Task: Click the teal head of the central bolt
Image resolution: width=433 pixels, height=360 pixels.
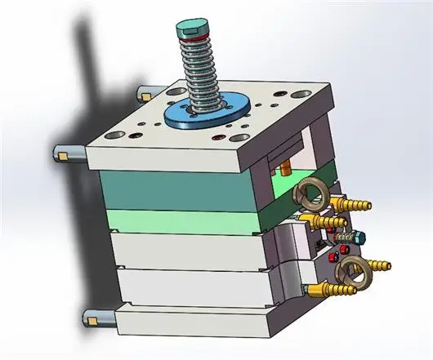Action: click(x=190, y=29)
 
